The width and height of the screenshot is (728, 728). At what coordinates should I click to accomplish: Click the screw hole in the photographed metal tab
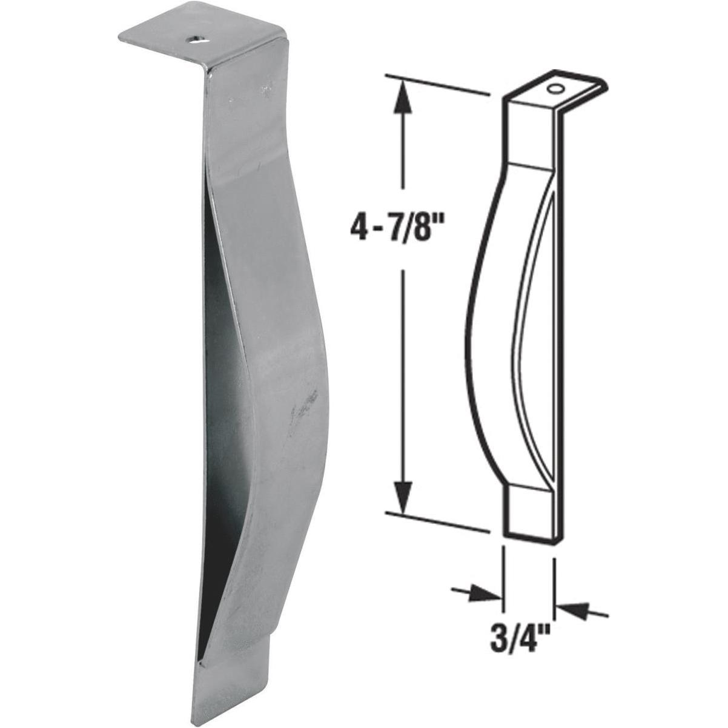[x=197, y=40]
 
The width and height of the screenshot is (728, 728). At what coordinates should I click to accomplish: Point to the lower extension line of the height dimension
[x=436, y=521]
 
